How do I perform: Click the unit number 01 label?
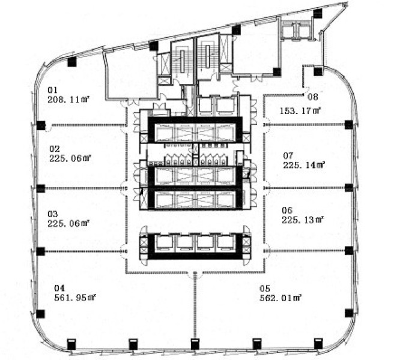point(52,91)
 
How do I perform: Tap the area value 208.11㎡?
point(68,100)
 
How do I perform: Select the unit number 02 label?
point(54,149)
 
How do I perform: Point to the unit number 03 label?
point(52,214)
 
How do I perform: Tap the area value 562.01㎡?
point(280,296)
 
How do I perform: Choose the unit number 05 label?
point(264,287)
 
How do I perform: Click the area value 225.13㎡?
point(303,220)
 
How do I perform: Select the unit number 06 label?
point(286,210)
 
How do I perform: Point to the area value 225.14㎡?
point(303,165)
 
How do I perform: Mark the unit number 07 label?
point(288,155)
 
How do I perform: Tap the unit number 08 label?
point(312,97)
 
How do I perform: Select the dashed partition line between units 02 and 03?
point(84,188)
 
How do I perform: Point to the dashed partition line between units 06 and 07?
point(306,188)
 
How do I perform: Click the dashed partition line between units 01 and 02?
point(84,125)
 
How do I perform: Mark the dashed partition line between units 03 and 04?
point(84,251)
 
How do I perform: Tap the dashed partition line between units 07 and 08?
point(306,124)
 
